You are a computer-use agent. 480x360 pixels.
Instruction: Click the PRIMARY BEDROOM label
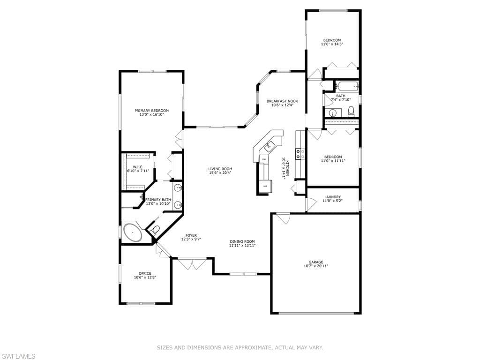pyautogui.click(x=151, y=111)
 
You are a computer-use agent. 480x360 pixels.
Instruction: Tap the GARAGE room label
pyautogui.click(x=315, y=262)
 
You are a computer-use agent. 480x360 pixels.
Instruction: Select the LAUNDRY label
pyautogui.click(x=332, y=197)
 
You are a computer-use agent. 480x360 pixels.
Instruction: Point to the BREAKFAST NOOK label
pyautogui.click(x=282, y=101)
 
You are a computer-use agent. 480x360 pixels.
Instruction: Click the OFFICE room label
pyautogui.click(x=145, y=273)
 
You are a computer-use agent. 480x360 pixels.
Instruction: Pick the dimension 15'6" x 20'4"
pyautogui.click(x=220, y=172)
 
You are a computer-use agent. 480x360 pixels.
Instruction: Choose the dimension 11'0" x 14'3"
pyautogui.click(x=332, y=44)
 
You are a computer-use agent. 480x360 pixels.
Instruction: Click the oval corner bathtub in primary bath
pyautogui.click(x=133, y=232)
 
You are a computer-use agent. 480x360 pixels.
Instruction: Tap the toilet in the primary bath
pyautogui.click(x=156, y=229)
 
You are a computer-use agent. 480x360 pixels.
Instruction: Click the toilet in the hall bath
pyautogui.click(x=351, y=112)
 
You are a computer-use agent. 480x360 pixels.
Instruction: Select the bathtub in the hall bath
pyautogui.click(x=347, y=86)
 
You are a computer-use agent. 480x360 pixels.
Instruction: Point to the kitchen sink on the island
pyautogui.click(x=270, y=146)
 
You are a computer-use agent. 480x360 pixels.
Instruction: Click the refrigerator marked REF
pyautogui.click(x=265, y=186)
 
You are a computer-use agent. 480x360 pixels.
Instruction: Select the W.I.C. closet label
pyautogui.click(x=138, y=167)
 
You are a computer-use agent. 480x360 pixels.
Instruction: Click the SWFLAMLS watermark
pyautogui.click(x=18, y=356)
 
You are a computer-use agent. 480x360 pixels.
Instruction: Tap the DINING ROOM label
pyautogui.click(x=242, y=241)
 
